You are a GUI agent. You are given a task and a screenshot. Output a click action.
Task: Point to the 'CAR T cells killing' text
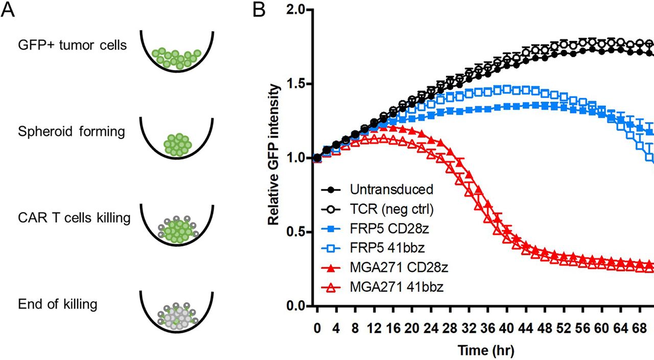tap(74, 218)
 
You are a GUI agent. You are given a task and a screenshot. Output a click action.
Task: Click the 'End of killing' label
tap(57, 305)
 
